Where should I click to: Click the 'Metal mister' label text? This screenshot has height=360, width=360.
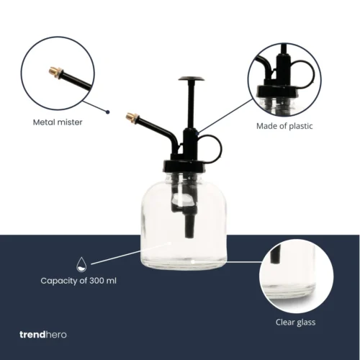(x=57, y=122)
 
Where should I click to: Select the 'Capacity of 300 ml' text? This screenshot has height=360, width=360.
(x=78, y=280)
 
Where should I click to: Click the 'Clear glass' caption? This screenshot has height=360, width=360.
(x=295, y=322)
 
